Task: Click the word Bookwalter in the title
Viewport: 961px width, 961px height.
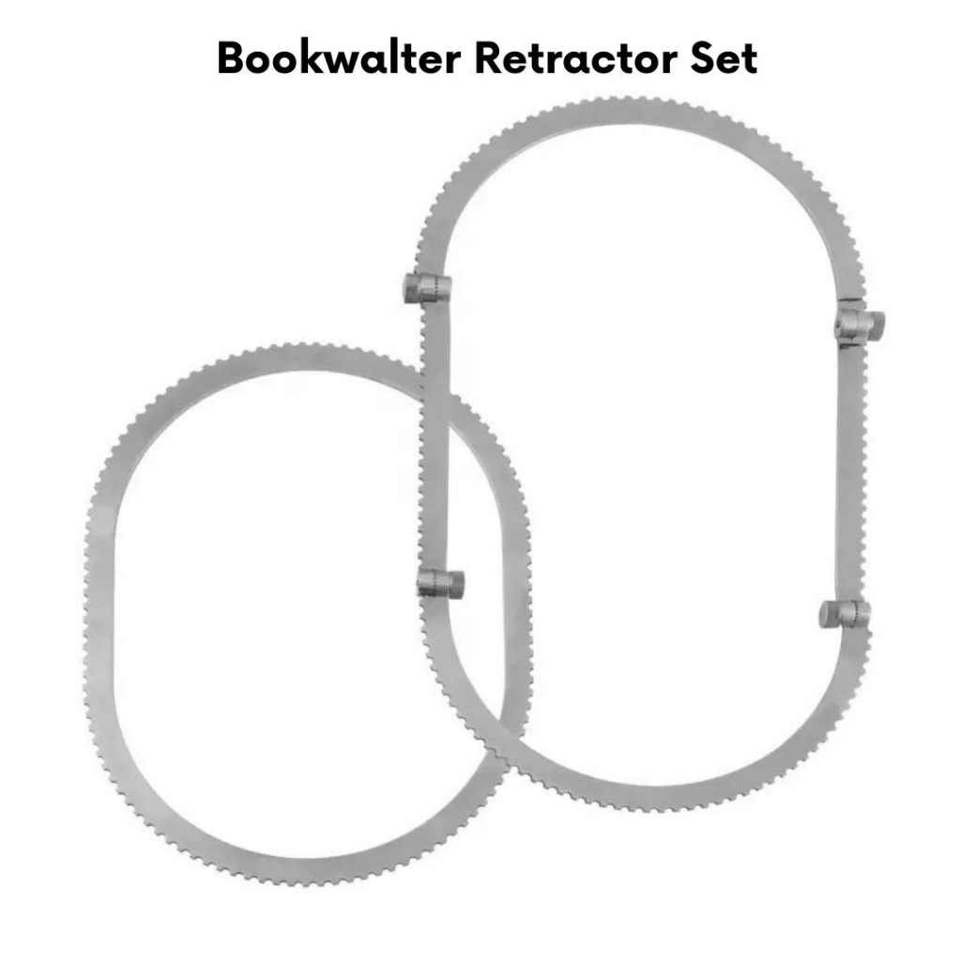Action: (x=338, y=58)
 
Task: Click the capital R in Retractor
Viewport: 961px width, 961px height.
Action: (x=489, y=58)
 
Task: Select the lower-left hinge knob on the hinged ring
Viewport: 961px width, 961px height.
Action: (x=440, y=584)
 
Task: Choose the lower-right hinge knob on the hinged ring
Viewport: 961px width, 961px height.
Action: (x=844, y=614)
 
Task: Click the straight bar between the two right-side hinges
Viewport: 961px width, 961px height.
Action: (x=849, y=469)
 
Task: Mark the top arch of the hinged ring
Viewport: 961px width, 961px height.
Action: (x=638, y=117)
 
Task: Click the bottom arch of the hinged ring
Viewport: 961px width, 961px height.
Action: (x=657, y=793)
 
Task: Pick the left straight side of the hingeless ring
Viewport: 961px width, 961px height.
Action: (x=101, y=601)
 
